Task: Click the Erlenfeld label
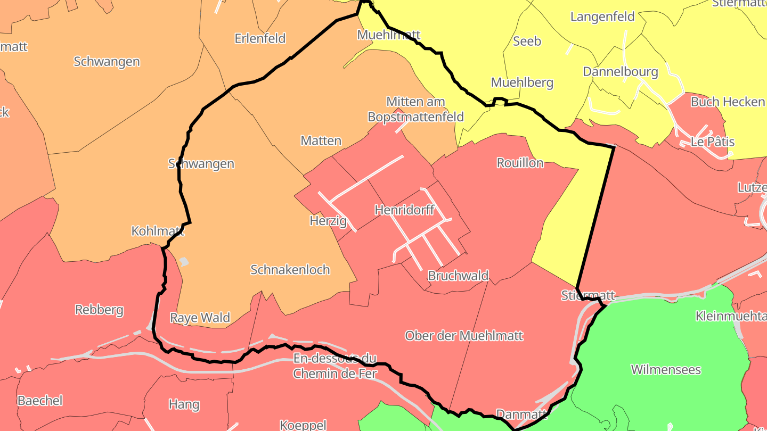[x=260, y=38]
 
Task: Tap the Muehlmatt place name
[x=389, y=35]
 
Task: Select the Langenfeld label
[x=602, y=16]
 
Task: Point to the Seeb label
[x=527, y=41]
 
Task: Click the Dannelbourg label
[x=621, y=71]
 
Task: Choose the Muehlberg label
[x=522, y=82]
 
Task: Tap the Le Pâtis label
[x=712, y=142]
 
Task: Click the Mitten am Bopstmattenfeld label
[x=416, y=109]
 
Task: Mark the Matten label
[x=321, y=140]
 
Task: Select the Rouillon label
[x=520, y=163]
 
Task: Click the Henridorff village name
[x=404, y=210]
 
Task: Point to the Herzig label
[x=328, y=220]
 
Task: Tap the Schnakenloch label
[x=290, y=269]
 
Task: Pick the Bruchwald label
[x=458, y=276]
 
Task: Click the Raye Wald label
[x=200, y=318]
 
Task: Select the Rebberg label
[x=99, y=309]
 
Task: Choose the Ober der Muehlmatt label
[x=464, y=335]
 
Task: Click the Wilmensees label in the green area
[x=666, y=369]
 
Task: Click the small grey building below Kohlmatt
[x=184, y=261]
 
